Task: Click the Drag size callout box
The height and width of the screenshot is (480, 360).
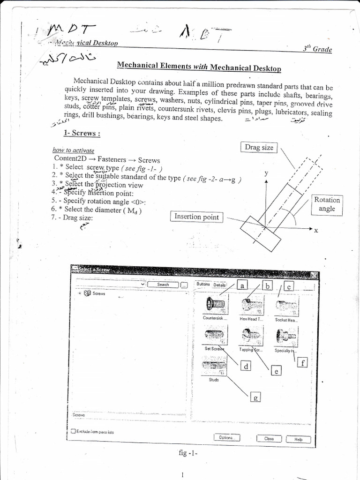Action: point(259,148)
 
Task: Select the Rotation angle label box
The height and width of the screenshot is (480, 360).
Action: point(327,204)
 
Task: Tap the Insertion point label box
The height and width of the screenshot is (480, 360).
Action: point(196,217)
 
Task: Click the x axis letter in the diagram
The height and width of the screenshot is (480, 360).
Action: point(316,230)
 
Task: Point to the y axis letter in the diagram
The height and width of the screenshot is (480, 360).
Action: point(266,173)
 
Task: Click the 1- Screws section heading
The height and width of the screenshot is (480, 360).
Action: point(82,133)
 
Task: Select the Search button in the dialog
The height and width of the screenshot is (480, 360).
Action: point(163,285)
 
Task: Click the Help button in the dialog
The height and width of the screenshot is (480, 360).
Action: point(298,439)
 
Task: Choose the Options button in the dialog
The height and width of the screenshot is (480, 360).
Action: point(227,438)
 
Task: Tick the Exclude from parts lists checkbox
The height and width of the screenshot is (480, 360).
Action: point(73,431)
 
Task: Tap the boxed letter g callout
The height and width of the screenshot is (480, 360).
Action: point(255,397)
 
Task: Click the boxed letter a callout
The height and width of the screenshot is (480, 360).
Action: point(242,285)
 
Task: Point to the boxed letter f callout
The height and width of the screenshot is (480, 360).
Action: point(303,362)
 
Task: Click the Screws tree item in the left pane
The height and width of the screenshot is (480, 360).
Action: point(99,293)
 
